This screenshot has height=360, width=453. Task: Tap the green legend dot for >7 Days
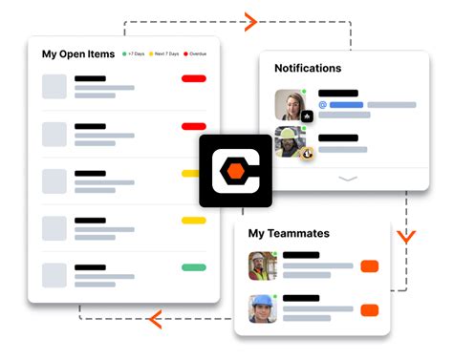click(124, 54)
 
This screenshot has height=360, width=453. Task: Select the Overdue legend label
click(197, 54)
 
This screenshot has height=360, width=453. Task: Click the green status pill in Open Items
click(194, 267)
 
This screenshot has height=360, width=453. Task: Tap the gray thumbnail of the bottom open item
click(55, 274)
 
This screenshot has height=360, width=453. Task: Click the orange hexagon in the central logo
click(235, 172)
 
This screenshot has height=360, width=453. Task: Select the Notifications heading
click(308, 69)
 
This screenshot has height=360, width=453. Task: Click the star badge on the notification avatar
click(307, 116)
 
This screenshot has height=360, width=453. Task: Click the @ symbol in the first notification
click(323, 105)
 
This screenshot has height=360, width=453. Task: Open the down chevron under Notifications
click(348, 179)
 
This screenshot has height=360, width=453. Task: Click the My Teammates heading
click(289, 233)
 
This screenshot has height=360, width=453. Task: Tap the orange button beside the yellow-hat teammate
click(370, 266)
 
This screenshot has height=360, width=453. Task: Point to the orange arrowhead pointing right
click(251, 21)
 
